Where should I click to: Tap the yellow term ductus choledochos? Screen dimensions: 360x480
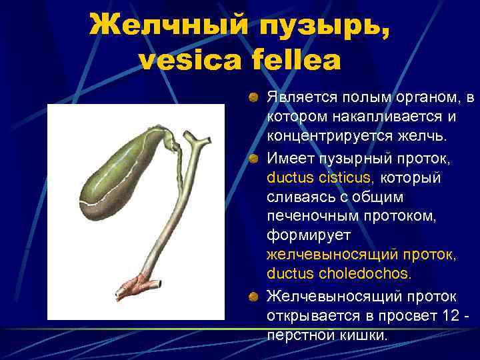click(339, 274)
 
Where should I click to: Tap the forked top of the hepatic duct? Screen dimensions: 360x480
click(193, 140)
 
